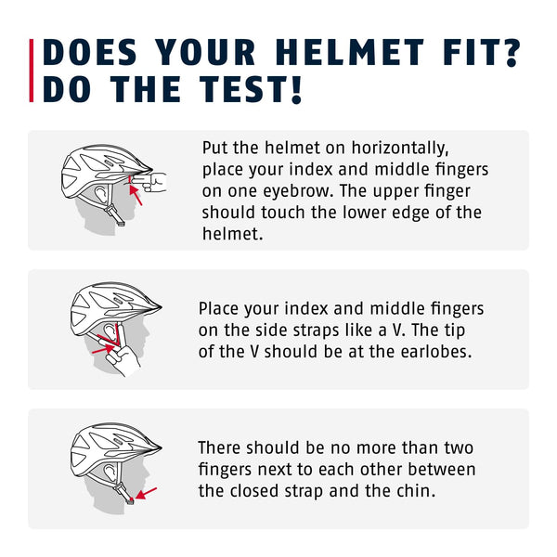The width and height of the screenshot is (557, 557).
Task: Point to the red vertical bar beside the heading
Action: [x=33, y=71]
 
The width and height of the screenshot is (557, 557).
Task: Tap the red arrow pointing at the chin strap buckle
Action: [x=147, y=492]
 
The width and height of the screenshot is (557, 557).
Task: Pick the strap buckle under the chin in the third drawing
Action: [x=129, y=499]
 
